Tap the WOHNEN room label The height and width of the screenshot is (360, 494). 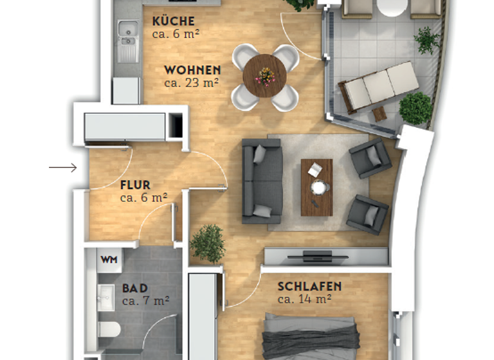click(x=192, y=70)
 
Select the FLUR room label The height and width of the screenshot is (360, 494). click(x=135, y=185)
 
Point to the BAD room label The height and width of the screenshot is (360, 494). click(x=134, y=288)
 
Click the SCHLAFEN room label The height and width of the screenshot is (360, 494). click(x=309, y=286)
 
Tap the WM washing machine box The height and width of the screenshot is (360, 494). click(x=108, y=260)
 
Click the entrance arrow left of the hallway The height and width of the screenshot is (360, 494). click(x=63, y=168)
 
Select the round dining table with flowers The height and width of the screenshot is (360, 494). click(x=265, y=76)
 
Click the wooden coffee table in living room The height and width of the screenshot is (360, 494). click(x=316, y=187)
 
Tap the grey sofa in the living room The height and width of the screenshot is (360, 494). click(x=262, y=181)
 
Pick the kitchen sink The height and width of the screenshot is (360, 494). click(x=128, y=40)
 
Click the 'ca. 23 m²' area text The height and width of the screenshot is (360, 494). click(x=192, y=82)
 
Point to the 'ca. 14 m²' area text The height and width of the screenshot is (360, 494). click(x=304, y=299)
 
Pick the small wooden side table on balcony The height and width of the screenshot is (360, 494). click(x=380, y=114)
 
